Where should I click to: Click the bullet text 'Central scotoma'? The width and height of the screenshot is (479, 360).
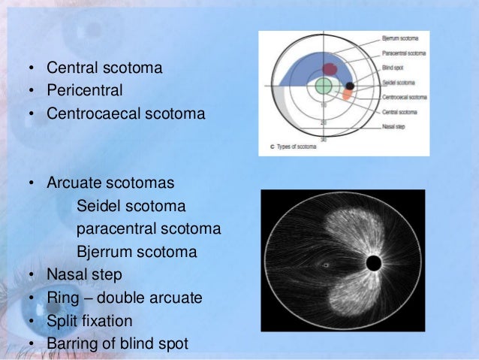104,69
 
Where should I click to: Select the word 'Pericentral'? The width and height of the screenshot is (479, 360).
84,92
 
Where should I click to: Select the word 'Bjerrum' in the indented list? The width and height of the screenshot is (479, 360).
106,252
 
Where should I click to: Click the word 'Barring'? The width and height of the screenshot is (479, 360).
74,343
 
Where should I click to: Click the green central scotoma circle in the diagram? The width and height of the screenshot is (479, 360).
324,86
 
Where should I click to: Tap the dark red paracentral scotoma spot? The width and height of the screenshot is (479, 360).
330,69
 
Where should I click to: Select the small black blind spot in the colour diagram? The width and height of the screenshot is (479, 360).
349,86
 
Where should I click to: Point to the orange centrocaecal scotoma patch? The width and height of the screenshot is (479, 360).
346,95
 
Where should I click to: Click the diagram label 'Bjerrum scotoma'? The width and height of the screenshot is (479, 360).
398,37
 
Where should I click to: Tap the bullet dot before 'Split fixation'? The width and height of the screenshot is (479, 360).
31,321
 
